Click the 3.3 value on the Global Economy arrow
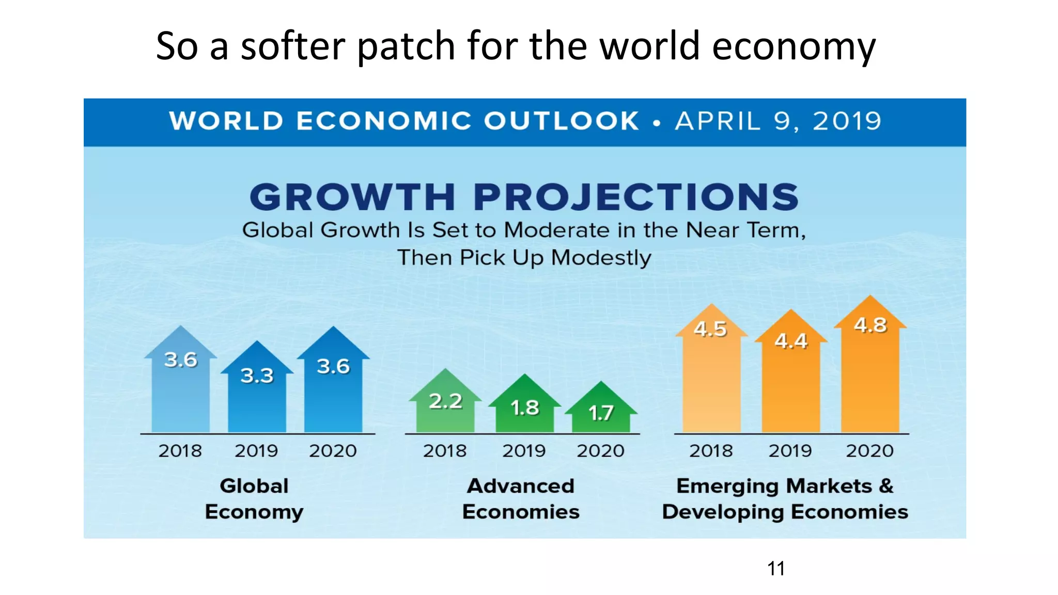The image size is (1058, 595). click(257, 375)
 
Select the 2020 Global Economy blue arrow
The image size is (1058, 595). click(333, 393)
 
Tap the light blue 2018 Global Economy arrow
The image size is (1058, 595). click(180, 393)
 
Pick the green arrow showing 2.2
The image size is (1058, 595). click(445, 408)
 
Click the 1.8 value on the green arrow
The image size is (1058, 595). click(525, 408)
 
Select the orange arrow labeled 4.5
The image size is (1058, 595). click(711, 377)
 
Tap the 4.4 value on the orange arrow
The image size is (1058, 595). click(791, 341)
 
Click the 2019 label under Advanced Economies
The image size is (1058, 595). click(524, 451)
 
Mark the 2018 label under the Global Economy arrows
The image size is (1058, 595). click(180, 451)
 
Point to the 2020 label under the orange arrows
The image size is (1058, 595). click(869, 451)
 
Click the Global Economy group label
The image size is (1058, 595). click(254, 499)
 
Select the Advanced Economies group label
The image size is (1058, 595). click(521, 499)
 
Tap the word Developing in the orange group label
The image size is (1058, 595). click(723, 512)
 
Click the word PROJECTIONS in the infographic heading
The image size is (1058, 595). click(636, 197)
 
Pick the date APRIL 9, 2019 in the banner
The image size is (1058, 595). click(778, 121)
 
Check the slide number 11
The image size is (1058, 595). click(776, 569)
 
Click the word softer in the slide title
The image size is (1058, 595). click(293, 46)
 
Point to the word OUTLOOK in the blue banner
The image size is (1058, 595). click(562, 121)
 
